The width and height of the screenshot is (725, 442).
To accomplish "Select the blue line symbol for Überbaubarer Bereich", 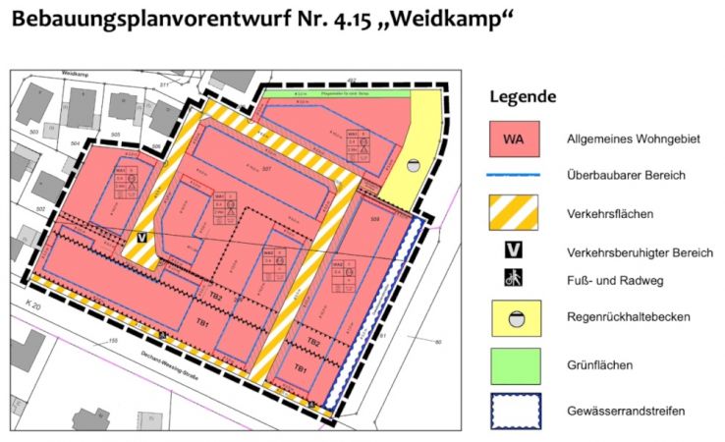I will point(515,176).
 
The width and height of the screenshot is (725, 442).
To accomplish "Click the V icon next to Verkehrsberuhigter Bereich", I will point(514,250).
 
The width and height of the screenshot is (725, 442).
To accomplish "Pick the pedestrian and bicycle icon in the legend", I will point(514,279).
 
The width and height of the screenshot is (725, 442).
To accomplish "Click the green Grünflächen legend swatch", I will point(515,365).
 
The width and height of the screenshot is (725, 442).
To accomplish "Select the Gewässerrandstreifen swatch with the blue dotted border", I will point(515,412).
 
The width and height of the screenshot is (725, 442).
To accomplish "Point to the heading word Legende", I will point(523,96).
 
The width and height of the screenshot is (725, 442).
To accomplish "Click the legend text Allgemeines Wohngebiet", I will point(633,139).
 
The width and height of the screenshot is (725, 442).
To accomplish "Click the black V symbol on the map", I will point(142,238).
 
